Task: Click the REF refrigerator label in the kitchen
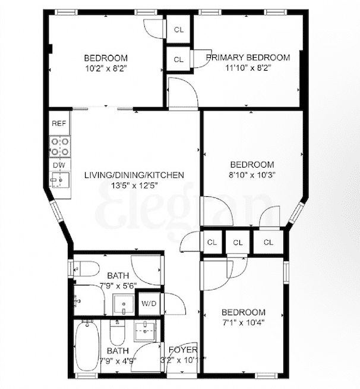pos(58,124)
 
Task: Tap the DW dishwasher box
pos(58,165)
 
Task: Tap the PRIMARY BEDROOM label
pos(248,58)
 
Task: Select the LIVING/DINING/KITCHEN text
pos(134,175)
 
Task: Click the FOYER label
pos(183,350)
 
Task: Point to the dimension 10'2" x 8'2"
pos(106,68)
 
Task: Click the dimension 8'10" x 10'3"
pos(252,175)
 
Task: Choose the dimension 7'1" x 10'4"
pos(243,323)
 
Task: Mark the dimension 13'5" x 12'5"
pos(134,186)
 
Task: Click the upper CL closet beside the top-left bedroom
pos(178,30)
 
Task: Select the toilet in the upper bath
pos(87,269)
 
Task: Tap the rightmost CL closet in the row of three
pos(268,242)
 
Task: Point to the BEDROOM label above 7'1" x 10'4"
pos(243,313)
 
